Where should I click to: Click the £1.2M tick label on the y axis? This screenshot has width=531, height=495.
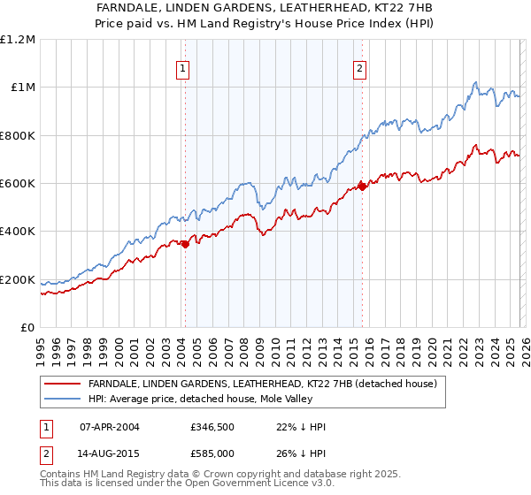coord(17,40)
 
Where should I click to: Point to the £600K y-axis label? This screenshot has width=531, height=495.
coord(17,184)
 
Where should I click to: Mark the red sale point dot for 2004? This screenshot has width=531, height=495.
coord(185,245)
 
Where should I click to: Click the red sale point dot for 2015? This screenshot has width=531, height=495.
coord(362,187)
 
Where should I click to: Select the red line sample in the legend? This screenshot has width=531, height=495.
coord(63,385)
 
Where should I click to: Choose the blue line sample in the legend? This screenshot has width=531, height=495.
coord(63,400)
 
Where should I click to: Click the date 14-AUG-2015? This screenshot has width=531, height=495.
coord(110,453)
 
